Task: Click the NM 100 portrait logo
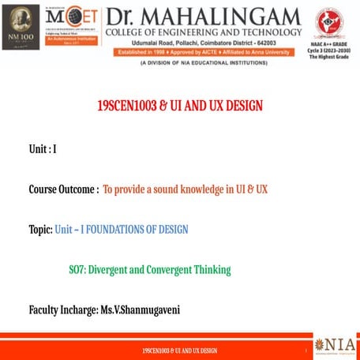(x=21, y=28)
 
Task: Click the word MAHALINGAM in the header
(x=225, y=16)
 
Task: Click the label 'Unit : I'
(x=43, y=148)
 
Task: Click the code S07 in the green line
(x=77, y=270)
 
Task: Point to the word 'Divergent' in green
(x=107, y=270)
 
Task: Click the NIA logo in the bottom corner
(x=335, y=346)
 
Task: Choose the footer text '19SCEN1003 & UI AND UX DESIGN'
(x=179, y=351)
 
